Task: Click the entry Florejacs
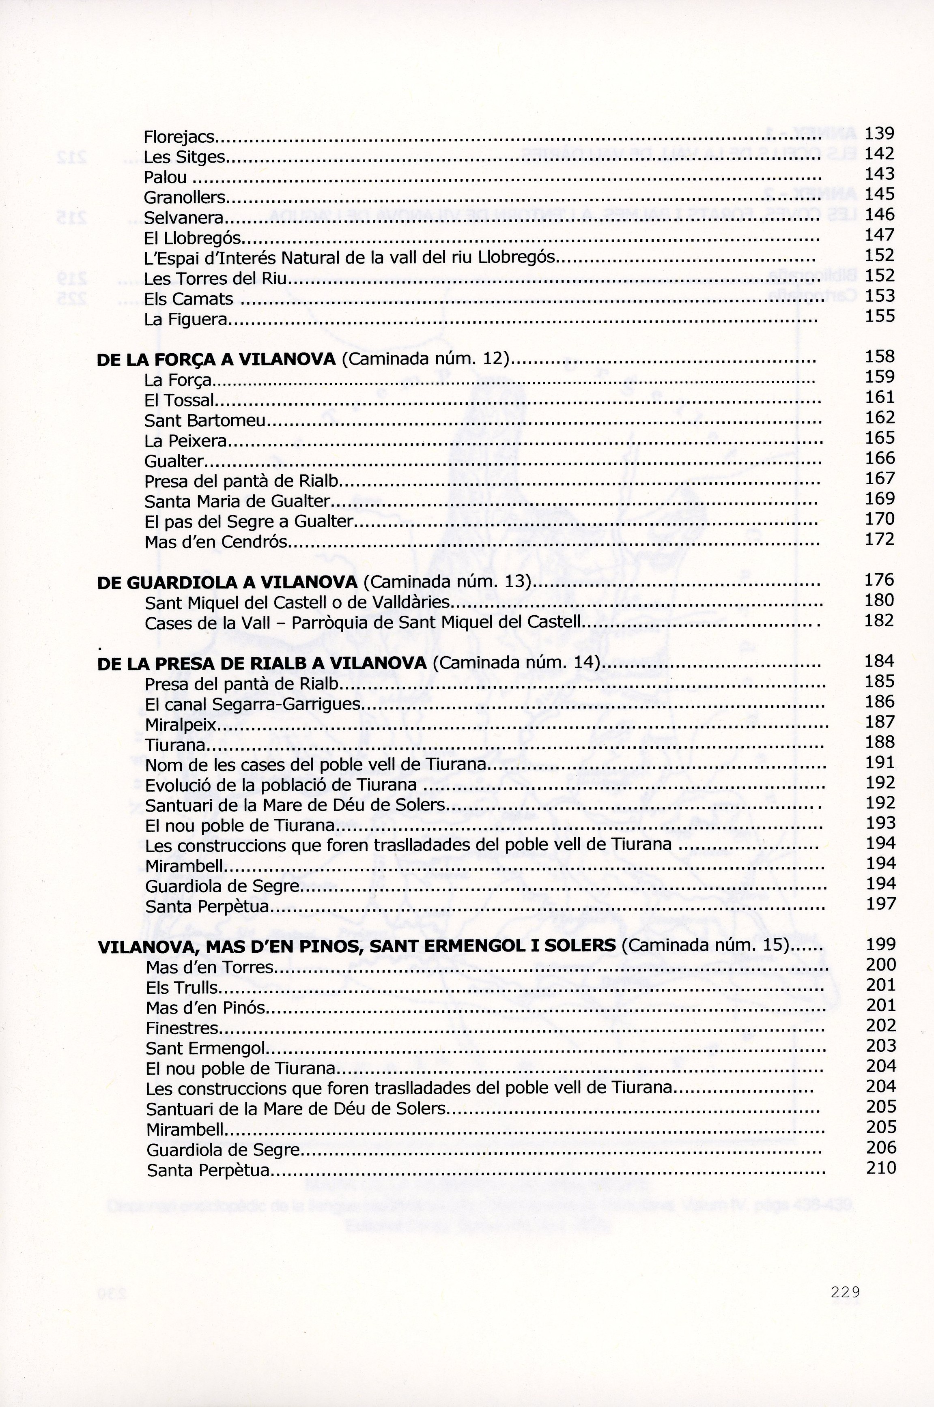[179, 137]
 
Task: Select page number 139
[879, 133]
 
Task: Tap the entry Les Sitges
[185, 158]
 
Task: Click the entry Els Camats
[188, 299]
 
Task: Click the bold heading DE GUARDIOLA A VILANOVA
[227, 582]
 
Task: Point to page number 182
[879, 621]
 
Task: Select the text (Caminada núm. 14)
[516, 663]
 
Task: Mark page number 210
[881, 1168]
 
